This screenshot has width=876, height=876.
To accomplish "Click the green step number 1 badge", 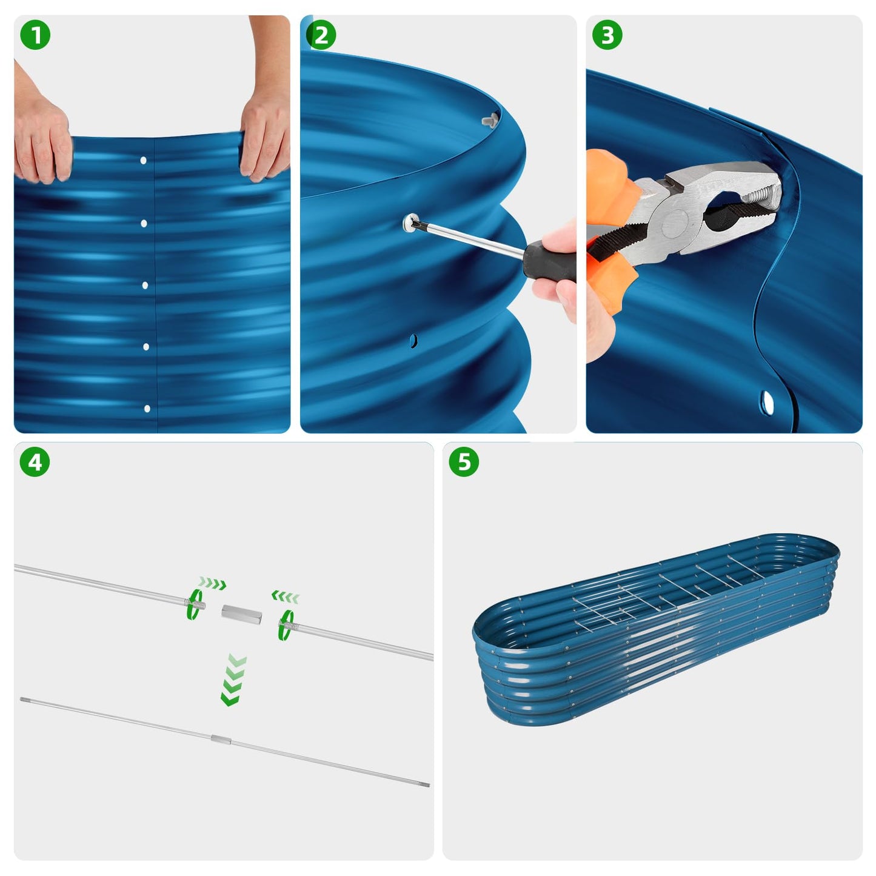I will coord(35,35).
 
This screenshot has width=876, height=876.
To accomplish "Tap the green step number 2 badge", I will coord(321,35).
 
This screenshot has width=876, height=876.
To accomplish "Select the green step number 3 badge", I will coord(607,35).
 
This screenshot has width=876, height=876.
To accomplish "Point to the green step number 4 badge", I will coord(35,462).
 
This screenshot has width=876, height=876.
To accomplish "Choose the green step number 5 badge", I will coord(464,462).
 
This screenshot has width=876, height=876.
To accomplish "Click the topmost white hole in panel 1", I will coord(144,161).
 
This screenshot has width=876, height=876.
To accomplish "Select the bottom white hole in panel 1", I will coord(147,409).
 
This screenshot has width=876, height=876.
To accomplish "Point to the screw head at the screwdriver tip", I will coord(412,223).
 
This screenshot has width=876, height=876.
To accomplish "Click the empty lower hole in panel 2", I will coord(413,341).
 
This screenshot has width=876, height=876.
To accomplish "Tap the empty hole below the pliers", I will coord(767,402).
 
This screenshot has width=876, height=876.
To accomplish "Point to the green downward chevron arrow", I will coord(233,680).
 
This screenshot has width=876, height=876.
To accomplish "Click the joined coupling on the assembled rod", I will coord(220,739).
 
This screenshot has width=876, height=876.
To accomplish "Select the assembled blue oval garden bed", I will coord(655,630).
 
